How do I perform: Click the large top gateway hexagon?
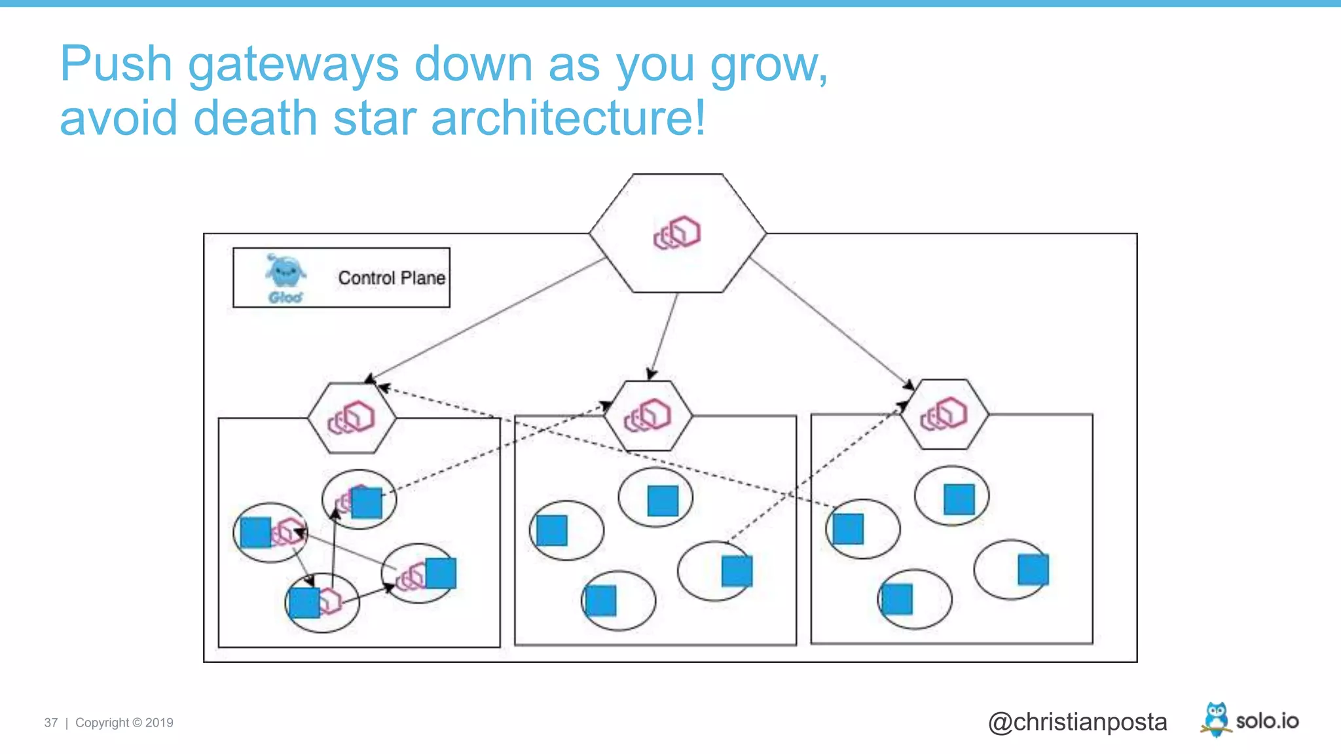point(677,233)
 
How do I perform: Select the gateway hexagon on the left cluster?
point(352,418)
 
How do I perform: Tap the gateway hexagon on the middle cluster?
point(648,416)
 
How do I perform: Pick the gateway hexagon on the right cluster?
point(944,414)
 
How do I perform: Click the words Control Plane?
point(392,278)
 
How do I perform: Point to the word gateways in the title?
point(293,65)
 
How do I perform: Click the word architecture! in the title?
point(568,118)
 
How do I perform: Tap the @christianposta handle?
point(1077,722)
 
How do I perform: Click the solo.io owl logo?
point(1216,719)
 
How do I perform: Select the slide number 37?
point(51,723)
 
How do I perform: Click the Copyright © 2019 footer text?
point(124,723)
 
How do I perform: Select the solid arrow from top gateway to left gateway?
point(485,319)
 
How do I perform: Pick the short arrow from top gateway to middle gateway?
point(663,336)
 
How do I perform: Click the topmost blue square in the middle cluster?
point(663,501)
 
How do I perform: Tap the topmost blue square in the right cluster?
point(959,499)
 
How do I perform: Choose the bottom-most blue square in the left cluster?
point(304,603)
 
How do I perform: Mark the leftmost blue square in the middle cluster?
point(551,530)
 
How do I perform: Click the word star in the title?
point(375,118)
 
